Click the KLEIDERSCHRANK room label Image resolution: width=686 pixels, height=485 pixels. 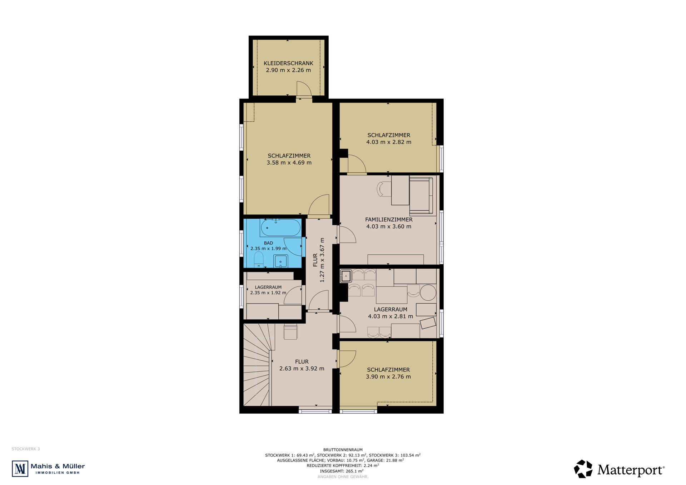pos(288,63)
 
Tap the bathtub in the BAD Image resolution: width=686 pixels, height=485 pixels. pos(280,228)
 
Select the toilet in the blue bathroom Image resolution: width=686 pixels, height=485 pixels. pos(259,260)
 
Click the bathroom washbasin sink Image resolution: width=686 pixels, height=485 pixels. pos(280,261)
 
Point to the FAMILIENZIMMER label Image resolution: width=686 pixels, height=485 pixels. pos(389,220)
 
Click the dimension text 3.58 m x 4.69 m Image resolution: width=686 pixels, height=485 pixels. pos(289,163)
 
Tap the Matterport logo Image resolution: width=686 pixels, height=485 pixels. pos(619,469)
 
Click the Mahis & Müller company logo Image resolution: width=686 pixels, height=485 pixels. pos(49,469)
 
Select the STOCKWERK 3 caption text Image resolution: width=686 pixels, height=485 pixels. pos(26,449)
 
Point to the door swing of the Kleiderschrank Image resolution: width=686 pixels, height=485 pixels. pos(304,89)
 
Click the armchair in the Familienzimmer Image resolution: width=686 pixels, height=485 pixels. pos(421,195)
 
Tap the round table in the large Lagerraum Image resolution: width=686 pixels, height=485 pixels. pos(428,292)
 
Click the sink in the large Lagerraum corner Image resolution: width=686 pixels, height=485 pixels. pos(346,276)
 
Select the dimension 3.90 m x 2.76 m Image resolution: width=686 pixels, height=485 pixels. pos(388,377)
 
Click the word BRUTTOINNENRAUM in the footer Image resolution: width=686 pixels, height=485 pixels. pos(343,450)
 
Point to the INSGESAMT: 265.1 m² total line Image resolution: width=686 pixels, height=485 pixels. pos(342,471)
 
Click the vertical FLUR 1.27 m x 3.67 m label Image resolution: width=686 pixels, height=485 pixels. pos(319,260)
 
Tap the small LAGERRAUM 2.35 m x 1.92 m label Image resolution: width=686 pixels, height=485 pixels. pos(268,290)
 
